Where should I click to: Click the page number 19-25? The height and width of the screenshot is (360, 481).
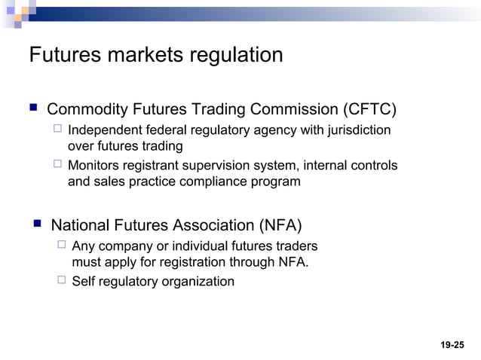452,344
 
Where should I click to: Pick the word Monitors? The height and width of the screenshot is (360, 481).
93,166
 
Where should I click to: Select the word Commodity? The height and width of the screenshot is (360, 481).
87,110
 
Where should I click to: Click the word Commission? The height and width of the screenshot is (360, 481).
290,110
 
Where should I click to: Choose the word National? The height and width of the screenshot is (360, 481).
80,225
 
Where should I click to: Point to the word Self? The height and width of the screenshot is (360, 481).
84,282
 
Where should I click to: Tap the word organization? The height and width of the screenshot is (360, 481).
198,282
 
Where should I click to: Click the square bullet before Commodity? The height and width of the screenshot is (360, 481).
32,109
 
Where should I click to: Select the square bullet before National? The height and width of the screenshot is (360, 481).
35,224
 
